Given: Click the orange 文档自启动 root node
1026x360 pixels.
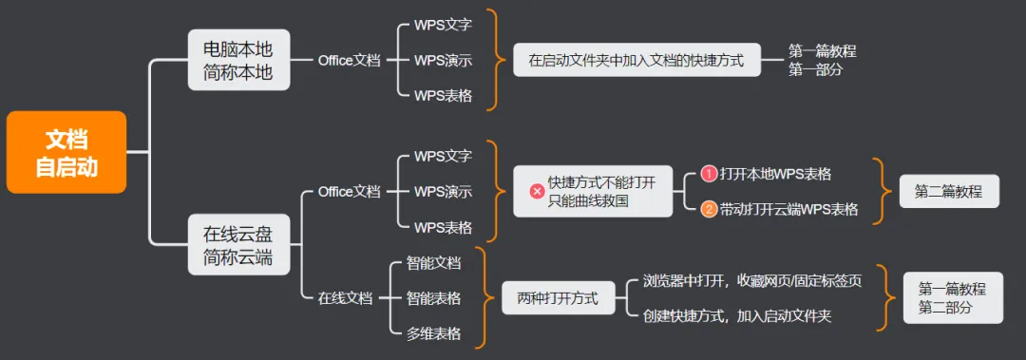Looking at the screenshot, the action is pos(66,152).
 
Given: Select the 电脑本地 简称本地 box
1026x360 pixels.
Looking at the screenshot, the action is pos(238,60).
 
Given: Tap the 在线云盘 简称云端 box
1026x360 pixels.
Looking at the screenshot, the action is pos(238,244).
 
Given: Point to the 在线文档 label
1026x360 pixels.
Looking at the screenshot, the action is pos(345,298).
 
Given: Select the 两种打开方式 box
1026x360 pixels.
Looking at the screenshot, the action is pos(559,298).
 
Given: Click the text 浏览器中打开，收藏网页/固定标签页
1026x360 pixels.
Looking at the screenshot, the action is pos(752,281).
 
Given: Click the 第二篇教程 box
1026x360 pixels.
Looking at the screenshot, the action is pos(949,191).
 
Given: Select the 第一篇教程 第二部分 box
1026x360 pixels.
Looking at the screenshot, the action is pos(953,298).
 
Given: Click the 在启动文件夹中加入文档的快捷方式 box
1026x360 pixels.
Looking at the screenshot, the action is pos(636,60).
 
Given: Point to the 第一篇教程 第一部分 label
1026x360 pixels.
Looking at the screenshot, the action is pos(823,60).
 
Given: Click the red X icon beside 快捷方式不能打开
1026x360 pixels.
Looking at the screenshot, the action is pos(537,191).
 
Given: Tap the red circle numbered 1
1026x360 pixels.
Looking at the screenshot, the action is pos(710,174).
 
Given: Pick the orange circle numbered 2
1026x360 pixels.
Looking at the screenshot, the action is pos(710,210).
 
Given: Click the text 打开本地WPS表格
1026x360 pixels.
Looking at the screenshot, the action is pos(775,174).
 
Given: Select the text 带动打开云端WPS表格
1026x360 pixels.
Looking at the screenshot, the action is pos(788,210).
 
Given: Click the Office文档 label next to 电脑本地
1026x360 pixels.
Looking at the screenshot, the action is pos(349,60).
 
